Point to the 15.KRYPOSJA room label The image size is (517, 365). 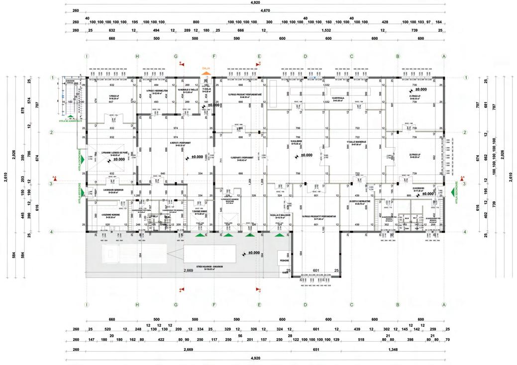[339, 98]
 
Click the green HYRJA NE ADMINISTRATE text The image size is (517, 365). [70, 120]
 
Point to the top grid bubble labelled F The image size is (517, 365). [214, 57]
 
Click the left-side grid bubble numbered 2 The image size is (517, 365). [52, 132]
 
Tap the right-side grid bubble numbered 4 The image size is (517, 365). [465, 231]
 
